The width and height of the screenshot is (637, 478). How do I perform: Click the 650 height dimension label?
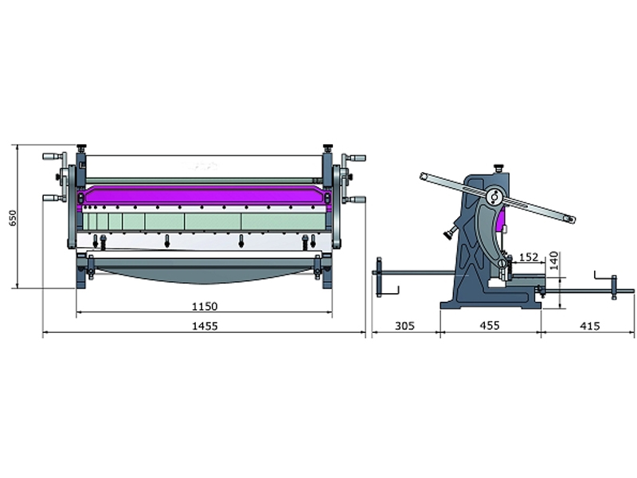pyautogui.click(x=13, y=218)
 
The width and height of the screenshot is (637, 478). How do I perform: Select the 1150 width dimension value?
pyautogui.click(x=205, y=306)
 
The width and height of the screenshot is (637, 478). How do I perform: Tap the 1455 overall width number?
pyautogui.click(x=205, y=326)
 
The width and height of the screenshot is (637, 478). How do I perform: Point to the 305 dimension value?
pyautogui.click(x=405, y=326)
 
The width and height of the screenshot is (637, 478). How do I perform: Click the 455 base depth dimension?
pyautogui.click(x=490, y=325)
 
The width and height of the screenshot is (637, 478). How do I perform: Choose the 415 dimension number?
pyautogui.click(x=589, y=326)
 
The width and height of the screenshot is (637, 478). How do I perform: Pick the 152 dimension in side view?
pyautogui.click(x=529, y=257)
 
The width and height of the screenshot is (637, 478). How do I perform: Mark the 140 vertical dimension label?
pyautogui.click(x=553, y=261)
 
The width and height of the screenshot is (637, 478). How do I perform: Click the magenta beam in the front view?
pyautogui.click(x=204, y=196)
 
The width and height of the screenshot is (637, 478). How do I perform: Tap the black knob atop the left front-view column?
pyautogui.click(x=82, y=147)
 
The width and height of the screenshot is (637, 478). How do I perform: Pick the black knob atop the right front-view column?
pyautogui.click(x=327, y=147)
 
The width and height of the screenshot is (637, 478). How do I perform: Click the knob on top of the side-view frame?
pyautogui.click(x=498, y=167)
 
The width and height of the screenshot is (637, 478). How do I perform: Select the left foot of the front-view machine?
pyautogui.click(x=80, y=278)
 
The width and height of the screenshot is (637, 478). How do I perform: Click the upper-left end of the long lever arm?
pyautogui.click(x=424, y=176)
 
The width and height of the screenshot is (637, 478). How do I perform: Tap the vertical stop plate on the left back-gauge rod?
pyautogui.click(x=379, y=276)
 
